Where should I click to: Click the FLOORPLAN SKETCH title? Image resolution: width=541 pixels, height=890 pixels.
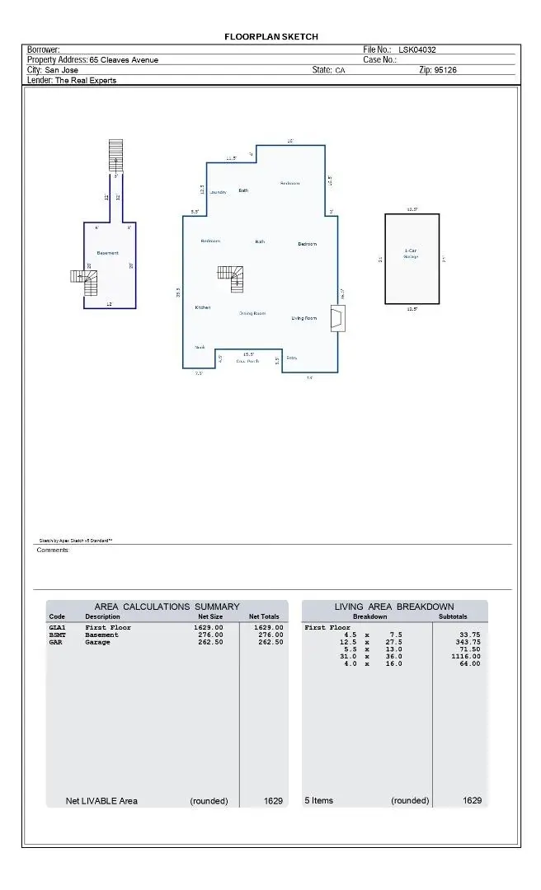270,36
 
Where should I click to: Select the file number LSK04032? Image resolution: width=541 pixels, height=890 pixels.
423,50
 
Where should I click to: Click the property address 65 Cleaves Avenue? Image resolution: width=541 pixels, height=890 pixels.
124,60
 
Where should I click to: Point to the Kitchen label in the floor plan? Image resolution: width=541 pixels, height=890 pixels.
203,307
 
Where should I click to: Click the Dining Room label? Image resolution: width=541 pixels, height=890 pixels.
252,313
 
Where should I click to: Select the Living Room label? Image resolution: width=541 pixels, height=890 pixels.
303,317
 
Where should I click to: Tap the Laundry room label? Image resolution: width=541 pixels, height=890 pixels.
218,192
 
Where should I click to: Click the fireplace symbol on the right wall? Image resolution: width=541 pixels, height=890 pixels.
337,319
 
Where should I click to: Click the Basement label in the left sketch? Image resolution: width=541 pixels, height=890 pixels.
107,253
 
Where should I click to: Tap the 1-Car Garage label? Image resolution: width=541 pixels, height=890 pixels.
411,253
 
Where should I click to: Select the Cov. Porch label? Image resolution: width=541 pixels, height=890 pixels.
247,361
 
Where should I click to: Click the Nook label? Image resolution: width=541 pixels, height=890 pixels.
200,348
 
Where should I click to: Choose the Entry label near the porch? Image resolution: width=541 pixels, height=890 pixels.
292,358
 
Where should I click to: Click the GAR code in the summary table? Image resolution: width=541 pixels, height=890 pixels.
57,642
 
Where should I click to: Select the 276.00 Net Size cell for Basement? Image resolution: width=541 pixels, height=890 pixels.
209,635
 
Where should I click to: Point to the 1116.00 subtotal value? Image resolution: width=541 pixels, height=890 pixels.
465,656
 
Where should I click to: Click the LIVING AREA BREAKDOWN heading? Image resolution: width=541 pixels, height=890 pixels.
393,607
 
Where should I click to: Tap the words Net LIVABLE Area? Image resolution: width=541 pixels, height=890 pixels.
101,800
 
